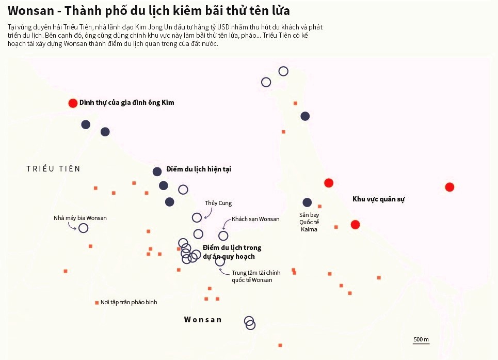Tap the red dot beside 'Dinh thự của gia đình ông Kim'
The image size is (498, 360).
click(x=73, y=103)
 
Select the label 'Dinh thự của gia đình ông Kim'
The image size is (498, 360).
click(x=126, y=103)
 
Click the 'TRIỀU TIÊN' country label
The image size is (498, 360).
click(x=53, y=169)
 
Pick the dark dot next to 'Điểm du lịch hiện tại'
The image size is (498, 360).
click(x=157, y=171)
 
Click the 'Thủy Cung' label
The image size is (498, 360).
click(x=218, y=203)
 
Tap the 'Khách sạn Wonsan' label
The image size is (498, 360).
click(x=255, y=219)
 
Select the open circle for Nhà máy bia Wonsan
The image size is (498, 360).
click(x=84, y=228)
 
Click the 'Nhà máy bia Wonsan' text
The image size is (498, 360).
click(x=80, y=218)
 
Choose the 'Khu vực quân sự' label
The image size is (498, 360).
click(x=378, y=199)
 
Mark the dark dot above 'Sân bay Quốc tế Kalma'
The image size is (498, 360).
click(x=307, y=202)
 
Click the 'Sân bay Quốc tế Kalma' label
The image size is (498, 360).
click(x=309, y=222)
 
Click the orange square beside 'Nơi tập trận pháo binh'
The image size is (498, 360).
click(x=97, y=303)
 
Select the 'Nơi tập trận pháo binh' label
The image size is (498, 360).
click(x=128, y=302)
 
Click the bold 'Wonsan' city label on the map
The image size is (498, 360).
click(x=203, y=320)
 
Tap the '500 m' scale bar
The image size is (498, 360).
click(x=421, y=340)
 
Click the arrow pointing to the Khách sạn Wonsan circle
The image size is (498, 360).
click(x=226, y=224)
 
